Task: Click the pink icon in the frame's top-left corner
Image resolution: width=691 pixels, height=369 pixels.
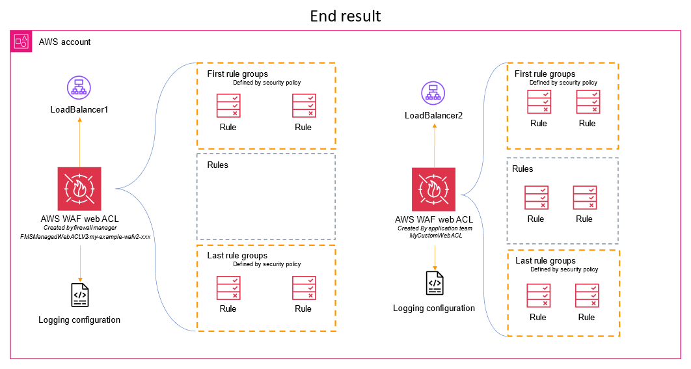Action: pos(21,42)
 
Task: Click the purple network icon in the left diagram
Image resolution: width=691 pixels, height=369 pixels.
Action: pos(79,87)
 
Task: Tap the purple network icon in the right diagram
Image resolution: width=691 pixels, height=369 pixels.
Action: pos(433,93)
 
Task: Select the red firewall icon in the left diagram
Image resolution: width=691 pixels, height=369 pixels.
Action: pos(79,189)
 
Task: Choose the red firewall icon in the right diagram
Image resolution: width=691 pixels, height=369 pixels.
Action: pos(434,189)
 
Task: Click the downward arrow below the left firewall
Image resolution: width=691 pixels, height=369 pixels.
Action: pos(80,264)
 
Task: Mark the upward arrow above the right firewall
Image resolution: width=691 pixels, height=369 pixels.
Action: pos(435,144)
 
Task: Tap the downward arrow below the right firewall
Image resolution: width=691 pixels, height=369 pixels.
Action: pos(435,258)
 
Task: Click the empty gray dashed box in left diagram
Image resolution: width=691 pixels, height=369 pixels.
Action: pos(266,197)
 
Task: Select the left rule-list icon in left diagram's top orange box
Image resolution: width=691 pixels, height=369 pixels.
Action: pos(228,105)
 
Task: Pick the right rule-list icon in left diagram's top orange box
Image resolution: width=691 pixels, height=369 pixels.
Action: pos(305,105)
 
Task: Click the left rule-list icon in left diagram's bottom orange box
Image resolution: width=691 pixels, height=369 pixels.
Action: pos(228,288)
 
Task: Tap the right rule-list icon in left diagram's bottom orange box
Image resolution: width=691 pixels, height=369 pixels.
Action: pos(305,288)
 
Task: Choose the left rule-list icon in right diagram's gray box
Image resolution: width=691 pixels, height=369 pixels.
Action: pos(537,198)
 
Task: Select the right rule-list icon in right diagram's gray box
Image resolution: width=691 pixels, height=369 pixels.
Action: pos(585,198)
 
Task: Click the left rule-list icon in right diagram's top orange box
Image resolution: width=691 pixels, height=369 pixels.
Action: pos(539,102)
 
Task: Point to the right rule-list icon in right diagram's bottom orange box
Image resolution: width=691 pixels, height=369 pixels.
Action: pos(587,295)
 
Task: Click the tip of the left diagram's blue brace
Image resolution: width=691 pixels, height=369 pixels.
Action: pos(116,189)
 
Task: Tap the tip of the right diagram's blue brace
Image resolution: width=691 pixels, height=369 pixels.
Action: pos(462,195)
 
